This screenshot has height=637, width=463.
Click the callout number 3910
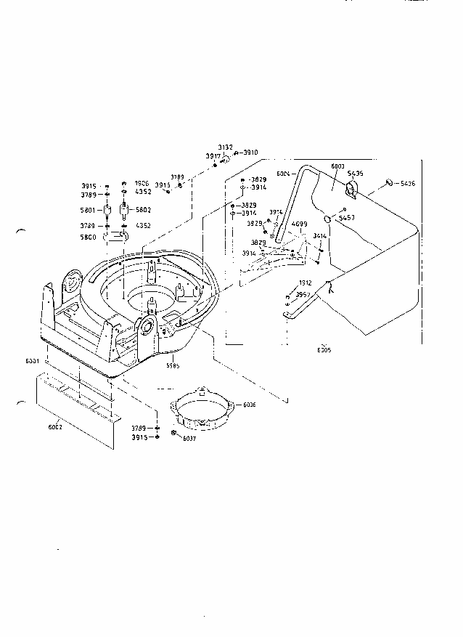click(x=250, y=153)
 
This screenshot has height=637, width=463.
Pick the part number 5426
click(x=408, y=183)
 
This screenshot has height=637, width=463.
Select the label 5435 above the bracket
click(x=355, y=174)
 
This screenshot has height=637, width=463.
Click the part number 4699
click(x=300, y=224)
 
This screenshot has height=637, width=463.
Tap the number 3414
click(x=320, y=236)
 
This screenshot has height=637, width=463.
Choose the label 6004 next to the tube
click(x=284, y=173)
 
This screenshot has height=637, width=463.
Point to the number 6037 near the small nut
click(x=189, y=439)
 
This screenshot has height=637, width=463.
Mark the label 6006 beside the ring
click(x=248, y=404)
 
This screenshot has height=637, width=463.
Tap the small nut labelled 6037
click(x=174, y=434)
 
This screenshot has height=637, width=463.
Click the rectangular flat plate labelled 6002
click(x=73, y=407)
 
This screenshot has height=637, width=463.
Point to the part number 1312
click(x=305, y=283)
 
